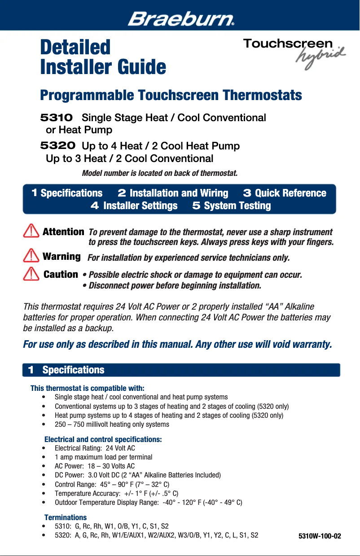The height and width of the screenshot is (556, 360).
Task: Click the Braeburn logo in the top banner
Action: click(181, 19)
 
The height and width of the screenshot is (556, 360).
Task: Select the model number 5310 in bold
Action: click(57, 118)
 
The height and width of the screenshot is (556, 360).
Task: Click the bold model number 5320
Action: click(57, 146)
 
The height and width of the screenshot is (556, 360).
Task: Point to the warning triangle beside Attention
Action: click(31, 232)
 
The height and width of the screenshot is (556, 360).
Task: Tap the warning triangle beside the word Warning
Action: click(31, 256)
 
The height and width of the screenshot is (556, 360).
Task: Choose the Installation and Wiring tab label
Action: click(179, 193)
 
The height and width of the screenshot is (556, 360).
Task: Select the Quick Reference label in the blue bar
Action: click(290, 193)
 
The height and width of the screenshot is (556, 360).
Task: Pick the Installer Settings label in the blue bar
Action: click(140, 206)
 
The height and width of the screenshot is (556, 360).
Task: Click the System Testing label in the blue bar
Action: click(237, 206)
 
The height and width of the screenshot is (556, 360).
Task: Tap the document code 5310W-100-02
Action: click(320, 536)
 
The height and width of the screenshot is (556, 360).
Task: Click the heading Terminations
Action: click(66, 517)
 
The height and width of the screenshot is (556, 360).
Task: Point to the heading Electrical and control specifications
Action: click(103, 439)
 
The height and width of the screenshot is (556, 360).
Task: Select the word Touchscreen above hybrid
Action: click(288, 44)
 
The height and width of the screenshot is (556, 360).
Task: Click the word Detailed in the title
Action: click(75, 47)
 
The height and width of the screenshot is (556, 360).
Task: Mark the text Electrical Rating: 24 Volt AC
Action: click(95, 448)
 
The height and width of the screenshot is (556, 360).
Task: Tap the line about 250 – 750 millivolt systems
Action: click(112, 424)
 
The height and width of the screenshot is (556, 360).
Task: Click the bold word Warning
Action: click(61, 256)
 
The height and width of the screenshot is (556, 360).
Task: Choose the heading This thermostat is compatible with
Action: click(87, 388)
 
